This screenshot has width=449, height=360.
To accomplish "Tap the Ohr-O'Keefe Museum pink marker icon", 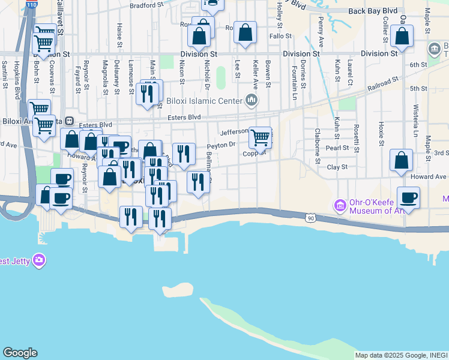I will [340, 206].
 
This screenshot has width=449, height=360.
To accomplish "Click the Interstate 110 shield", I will [31, 4].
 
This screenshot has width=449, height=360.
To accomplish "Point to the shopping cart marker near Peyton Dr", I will [260, 137].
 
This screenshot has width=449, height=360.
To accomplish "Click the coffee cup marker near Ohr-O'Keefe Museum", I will [408, 197].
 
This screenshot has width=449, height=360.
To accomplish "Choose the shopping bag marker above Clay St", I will [401, 160].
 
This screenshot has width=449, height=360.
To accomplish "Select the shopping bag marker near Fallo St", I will [245, 32].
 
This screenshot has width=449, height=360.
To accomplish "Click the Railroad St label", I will [383, 82].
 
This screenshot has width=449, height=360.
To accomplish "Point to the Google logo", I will [20, 353].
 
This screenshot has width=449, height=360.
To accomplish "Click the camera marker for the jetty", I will [39, 260].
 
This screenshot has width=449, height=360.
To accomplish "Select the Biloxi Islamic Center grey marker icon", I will [252, 100].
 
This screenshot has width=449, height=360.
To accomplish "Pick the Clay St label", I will [337, 167].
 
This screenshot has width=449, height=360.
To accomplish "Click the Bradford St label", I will [146, 5].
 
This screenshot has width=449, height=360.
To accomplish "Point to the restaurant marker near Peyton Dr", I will [184, 154].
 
